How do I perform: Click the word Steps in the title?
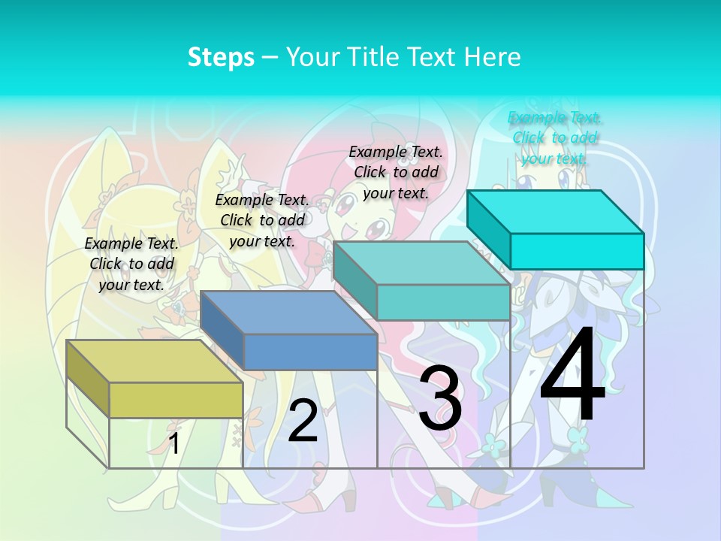[221, 57]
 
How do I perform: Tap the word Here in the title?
[493, 57]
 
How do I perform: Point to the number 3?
[440, 398]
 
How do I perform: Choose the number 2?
[303, 420]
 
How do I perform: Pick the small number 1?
[173, 443]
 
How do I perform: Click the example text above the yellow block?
[131, 264]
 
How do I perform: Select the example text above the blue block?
[262, 220]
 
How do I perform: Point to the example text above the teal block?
[396, 172]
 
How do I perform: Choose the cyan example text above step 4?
[554, 138]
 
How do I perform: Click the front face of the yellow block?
[176, 400]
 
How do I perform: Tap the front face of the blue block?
[310, 352]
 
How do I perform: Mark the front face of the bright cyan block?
[577, 251]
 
